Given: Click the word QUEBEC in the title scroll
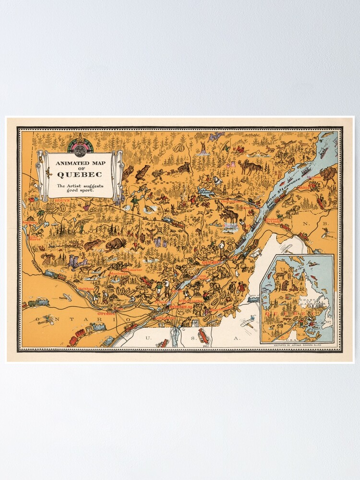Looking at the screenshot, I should [x=79, y=174].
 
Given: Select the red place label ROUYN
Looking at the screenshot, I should [x=49, y=200].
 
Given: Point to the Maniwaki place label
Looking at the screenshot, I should [x=118, y=274].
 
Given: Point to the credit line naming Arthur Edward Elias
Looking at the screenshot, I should [x=300, y=346].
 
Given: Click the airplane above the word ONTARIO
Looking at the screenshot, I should [x=47, y=319].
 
